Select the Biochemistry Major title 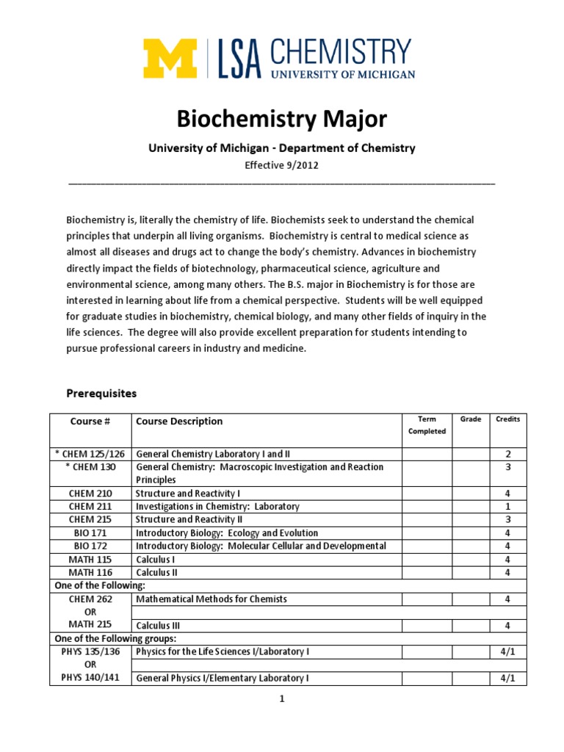coord(282,119)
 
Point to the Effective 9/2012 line coord(282,165)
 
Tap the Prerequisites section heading coord(101,394)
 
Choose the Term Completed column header coord(427,425)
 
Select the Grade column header coord(471,419)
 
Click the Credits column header coord(507,419)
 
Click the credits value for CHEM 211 coord(507,507)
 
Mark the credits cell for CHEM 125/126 coord(507,454)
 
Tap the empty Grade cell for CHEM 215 coord(471,520)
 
